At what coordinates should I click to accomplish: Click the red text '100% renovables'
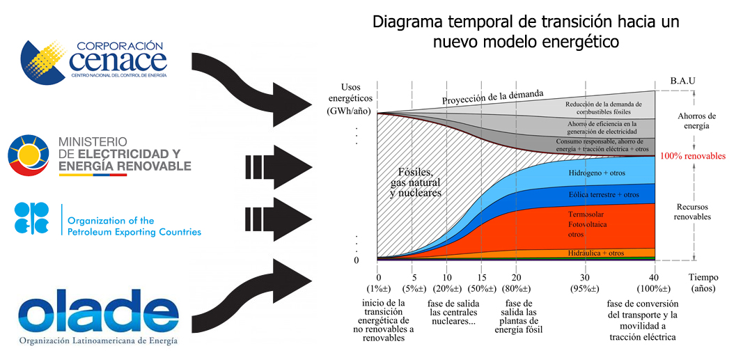[x=692, y=156]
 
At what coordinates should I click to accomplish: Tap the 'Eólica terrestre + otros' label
[x=603, y=194]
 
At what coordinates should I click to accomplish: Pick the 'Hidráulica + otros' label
[x=596, y=253]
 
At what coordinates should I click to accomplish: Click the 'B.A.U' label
[x=682, y=81]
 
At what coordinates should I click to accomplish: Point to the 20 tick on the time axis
[x=516, y=277]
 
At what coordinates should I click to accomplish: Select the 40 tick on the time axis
[x=654, y=277]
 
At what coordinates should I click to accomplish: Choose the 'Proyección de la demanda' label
[x=492, y=97]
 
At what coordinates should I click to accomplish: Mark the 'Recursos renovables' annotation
[x=692, y=212]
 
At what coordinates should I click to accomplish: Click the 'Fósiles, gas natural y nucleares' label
[x=416, y=182]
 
